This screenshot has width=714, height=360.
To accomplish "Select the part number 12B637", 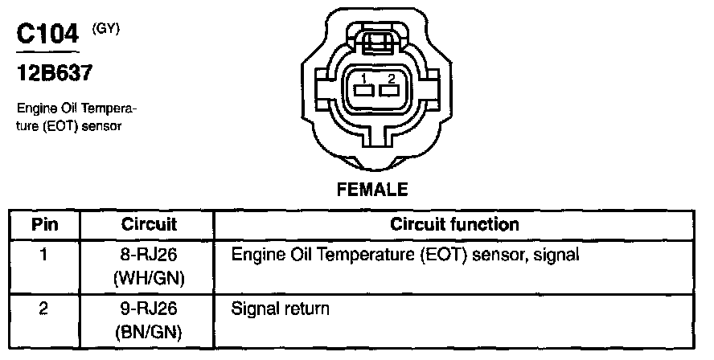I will click(55, 73).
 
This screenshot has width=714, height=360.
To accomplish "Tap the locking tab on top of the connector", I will click(376, 42).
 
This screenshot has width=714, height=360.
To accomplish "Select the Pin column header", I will click(45, 224).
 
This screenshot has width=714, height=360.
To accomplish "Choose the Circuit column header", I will click(149, 224).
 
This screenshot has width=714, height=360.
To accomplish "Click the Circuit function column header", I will click(454, 224).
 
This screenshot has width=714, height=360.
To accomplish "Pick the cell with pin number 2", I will click(45, 308).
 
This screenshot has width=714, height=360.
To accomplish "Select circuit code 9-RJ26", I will click(149, 308).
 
